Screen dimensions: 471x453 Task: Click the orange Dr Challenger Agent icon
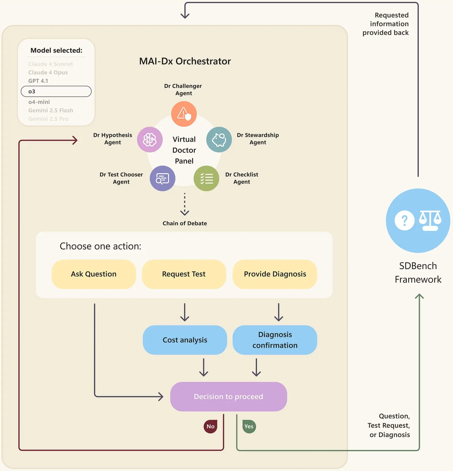[x=184, y=114]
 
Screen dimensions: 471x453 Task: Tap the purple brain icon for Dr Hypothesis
[x=150, y=140]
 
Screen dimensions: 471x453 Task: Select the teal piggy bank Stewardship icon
[x=219, y=140]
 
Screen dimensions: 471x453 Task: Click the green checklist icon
[x=206, y=178]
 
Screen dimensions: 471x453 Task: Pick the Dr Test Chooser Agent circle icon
[x=162, y=178]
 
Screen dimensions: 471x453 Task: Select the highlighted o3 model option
[x=56, y=91]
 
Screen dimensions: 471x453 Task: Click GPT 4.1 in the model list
[x=38, y=81]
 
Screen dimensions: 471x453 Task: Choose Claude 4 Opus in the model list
[x=48, y=72]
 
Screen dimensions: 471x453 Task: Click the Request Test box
[x=184, y=274]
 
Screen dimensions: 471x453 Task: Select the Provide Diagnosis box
[x=275, y=274]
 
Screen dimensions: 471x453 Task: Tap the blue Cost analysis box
[x=185, y=340]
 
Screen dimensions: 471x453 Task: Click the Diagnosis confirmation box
[x=275, y=340]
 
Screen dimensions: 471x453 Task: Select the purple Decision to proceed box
[x=228, y=397]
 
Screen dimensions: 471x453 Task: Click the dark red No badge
[x=210, y=426]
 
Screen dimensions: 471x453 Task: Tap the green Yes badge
[x=249, y=426]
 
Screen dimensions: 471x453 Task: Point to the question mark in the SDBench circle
[x=404, y=220]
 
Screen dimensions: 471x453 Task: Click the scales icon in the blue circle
[x=430, y=220]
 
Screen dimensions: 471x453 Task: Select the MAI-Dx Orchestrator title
[x=185, y=61]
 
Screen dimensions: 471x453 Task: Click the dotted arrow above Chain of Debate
[x=185, y=204]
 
